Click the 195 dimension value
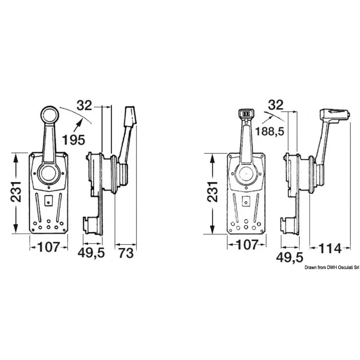74,140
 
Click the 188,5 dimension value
270,131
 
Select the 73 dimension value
126,253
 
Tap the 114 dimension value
330,248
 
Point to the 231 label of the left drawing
16,192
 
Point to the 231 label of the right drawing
212,192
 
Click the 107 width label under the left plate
49,247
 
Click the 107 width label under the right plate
247,245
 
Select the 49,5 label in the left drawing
91,253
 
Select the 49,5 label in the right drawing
290,257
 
